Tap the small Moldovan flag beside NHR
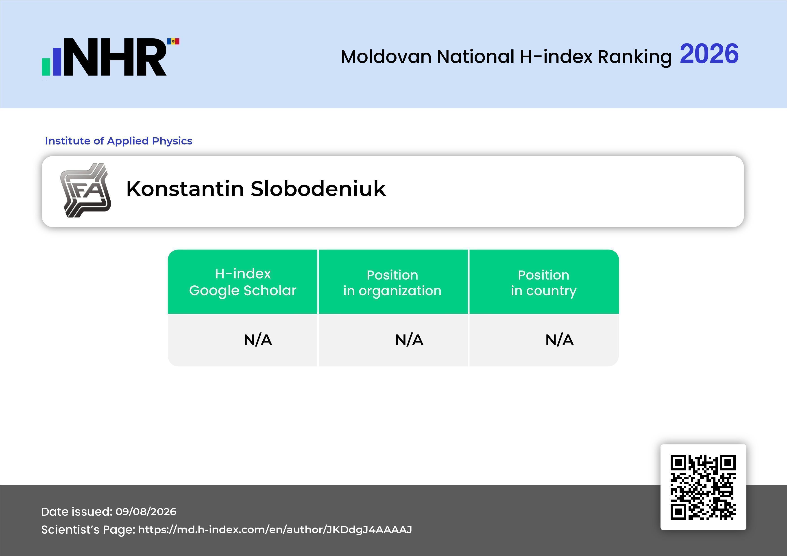[x=173, y=41]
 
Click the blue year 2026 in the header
[x=709, y=54]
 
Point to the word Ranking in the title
[x=634, y=57]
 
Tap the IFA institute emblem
[x=86, y=190]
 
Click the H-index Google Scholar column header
[x=243, y=282]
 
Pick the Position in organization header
[x=392, y=283]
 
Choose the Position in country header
[x=544, y=283]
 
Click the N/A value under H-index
[x=258, y=340]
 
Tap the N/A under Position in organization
[x=409, y=340]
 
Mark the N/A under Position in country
[x=559, y=340]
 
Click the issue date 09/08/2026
[x=146, y=511]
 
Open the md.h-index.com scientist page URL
[x=275, y=530]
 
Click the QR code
[x=703, y=487]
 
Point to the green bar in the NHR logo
[x=46, y=67]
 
